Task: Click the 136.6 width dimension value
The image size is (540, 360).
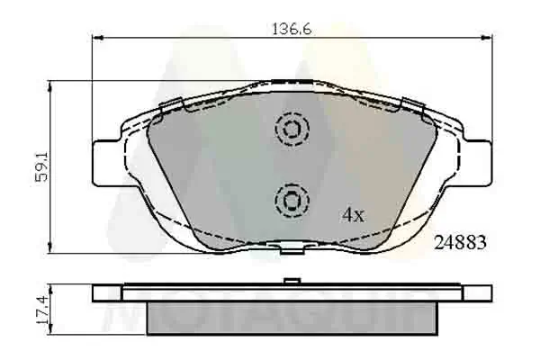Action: pyautogui.click(x=292, y=29)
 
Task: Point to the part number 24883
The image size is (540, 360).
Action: pyautogui.click(x=460, y=241)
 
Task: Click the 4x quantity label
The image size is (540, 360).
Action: pyautogui.click(x=352, y=215)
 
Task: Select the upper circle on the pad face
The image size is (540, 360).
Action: pyautogui.click(x=291, y=130)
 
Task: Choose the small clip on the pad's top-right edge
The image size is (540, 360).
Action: pyautogui.click(x=415, y=105)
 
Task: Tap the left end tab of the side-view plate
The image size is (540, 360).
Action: pyautogui.click(x=106, y=292)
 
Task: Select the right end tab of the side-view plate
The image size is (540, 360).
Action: pyautogui.click(x=480, y=292)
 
